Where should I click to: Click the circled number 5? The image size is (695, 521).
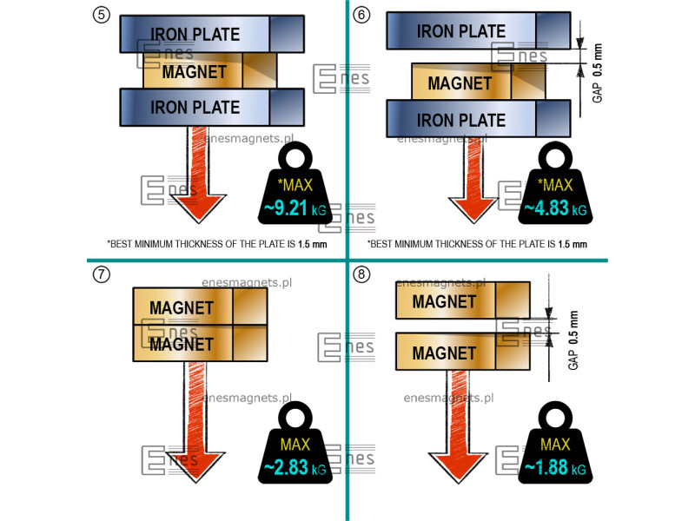tap(101, 15)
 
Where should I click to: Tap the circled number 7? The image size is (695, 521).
tap(101, 275)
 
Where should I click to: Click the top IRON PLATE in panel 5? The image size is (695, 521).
tap(196, 34)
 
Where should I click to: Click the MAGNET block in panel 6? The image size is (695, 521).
tap(460, 83)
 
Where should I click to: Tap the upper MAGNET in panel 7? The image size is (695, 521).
tap(182, 307)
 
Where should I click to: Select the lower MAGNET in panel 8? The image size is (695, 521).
tap(445, 353)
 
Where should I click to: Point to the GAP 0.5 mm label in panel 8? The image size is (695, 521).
tap(573, 340)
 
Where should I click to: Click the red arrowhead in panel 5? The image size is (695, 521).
tap(197, 210)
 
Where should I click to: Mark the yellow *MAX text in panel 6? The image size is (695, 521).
tap(554, 185)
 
